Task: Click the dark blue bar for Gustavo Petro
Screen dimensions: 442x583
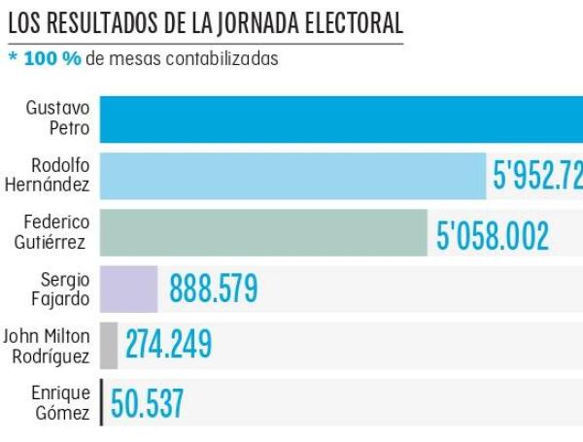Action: click(340, 119)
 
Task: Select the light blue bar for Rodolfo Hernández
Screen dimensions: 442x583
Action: click(291, 176)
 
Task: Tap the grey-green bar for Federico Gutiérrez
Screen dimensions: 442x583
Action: click(262, 233)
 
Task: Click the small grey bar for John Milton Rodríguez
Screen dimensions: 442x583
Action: click(108, 345)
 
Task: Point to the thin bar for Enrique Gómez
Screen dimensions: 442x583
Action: click(101, 401)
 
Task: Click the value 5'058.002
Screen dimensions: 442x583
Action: click(493, 235)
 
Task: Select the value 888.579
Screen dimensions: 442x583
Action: click(213, 289)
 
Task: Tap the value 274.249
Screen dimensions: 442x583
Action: click(167, 345)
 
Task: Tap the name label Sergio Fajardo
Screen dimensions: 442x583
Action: click(64, 288)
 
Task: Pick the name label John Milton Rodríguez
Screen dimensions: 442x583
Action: click(47, 345)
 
